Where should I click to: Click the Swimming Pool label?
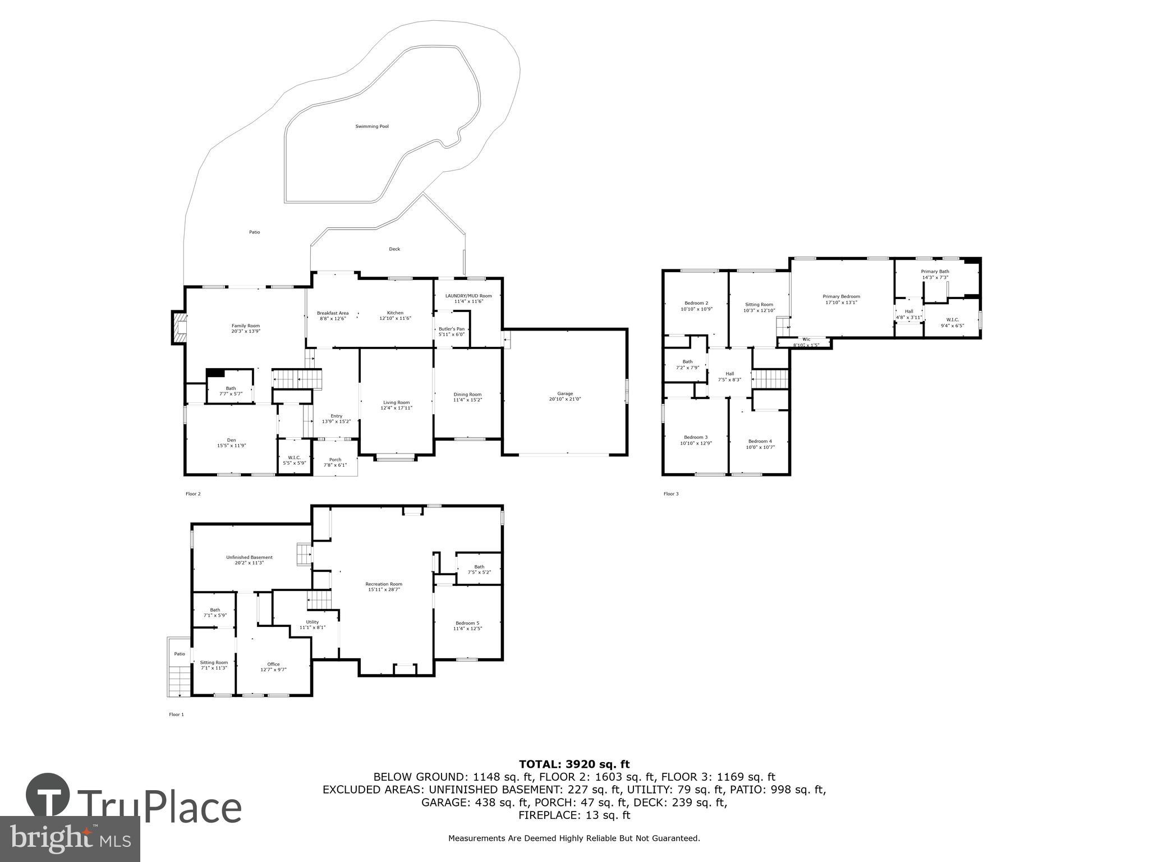click(371, 126)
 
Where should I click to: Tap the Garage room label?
click(565, 393)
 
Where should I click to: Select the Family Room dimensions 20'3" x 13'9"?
click(246, 331)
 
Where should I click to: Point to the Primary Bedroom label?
click(841, 296)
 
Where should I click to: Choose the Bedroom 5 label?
click(467, 623)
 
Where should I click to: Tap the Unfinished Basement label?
click(249, 557)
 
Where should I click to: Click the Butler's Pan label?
click(451, 329)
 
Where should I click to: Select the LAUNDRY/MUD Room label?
click(468, 296)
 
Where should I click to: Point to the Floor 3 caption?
click(671, 494)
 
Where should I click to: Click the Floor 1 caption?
click(176, 714)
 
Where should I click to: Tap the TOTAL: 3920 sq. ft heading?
click(574, 764)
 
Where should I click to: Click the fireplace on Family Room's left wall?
click(179, 328)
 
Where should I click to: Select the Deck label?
click(394, 249)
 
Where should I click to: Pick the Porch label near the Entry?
click(335, 460)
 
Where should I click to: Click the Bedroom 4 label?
click(760, 441)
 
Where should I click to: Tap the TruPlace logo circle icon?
click(48, 796)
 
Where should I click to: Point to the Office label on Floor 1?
click(273, 664)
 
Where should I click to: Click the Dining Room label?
click(467, 394)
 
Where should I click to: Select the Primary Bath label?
click(935, 271)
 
